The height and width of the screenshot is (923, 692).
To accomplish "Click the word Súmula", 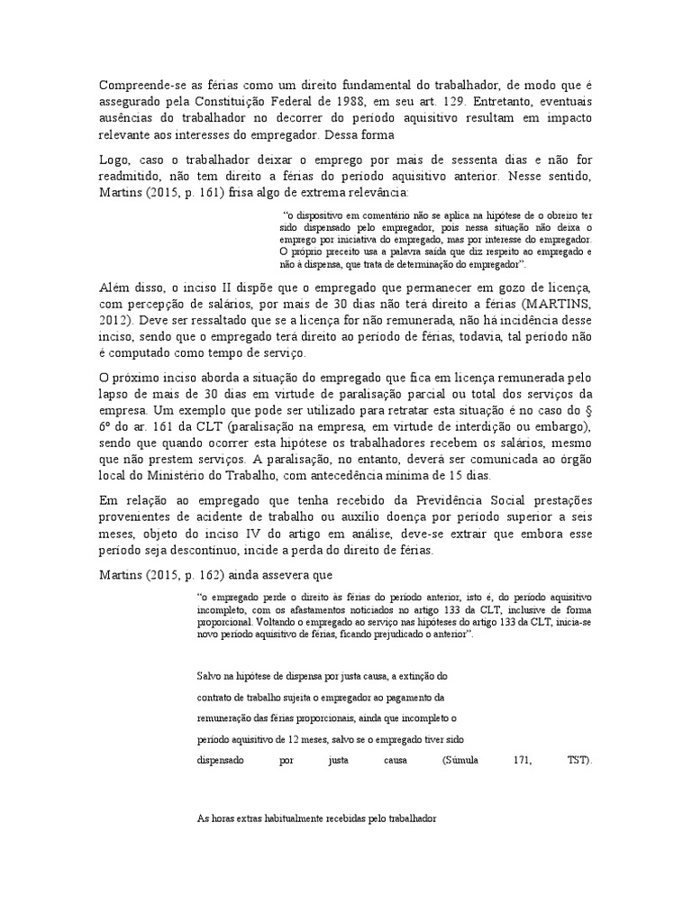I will (x=462, y=759).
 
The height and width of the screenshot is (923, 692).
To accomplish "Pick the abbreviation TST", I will (x=580, y=759).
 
